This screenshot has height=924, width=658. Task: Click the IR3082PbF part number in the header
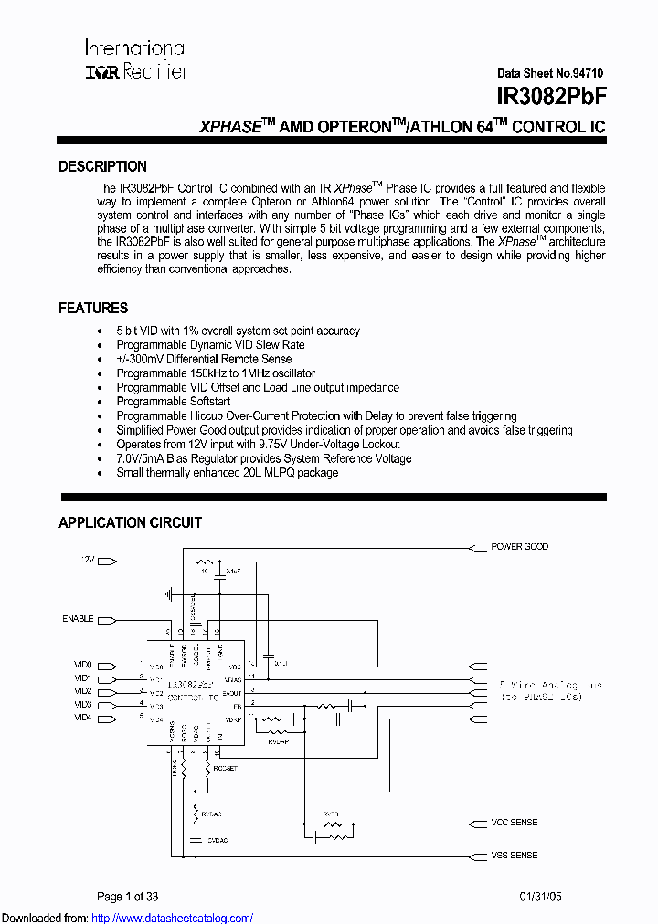[551, 96]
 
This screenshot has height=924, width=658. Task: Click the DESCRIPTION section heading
[102, 167]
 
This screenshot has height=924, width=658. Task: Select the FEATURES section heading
[93, 309]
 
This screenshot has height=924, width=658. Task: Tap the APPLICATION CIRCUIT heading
[130, 523]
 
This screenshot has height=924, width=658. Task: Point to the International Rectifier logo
[135, 59]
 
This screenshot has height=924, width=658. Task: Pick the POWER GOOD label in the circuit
[519, 547]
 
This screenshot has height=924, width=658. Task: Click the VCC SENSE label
[515, 823]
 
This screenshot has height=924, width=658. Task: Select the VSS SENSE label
[515, 856]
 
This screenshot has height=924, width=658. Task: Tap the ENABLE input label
[78, 619]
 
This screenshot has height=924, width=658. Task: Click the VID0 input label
[83, 666]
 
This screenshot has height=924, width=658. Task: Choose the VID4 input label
[83, 718]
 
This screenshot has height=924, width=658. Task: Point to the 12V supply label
[88, 559]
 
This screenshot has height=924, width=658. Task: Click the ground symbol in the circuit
[170, 593]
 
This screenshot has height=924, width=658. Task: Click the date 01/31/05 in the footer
[541, 897]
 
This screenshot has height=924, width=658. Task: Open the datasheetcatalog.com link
[173, 918]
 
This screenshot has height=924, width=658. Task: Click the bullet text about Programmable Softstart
[173, 402]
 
